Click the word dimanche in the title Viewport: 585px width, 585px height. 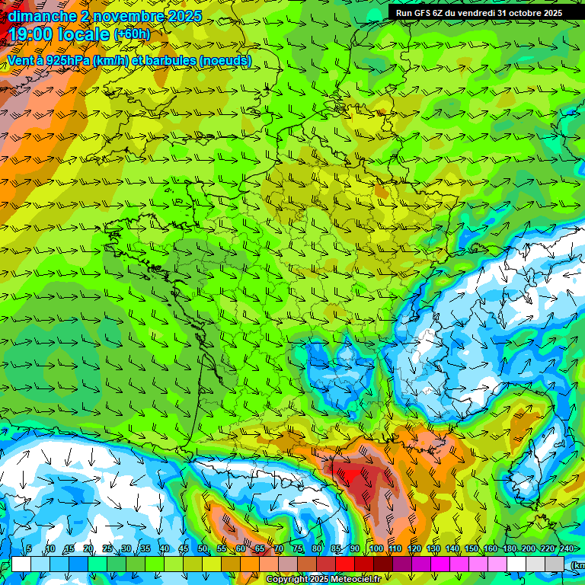(x=40, y=16)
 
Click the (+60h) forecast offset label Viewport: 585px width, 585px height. (x=132, y=35)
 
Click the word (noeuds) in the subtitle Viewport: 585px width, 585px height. (x=225, y=61)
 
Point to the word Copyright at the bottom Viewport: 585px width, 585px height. (x=287, y=580)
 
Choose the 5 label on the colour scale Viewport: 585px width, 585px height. (x=29, y=549)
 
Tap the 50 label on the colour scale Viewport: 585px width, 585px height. (x=202, y=549)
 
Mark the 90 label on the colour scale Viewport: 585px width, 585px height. (x=355, y=549)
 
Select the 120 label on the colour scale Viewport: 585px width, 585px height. (x=414, y=549)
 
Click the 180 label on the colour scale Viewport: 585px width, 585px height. (x=509, y=549)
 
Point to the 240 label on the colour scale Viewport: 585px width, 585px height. (x=566, y=549)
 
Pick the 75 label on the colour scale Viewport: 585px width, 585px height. (x=298, y=549)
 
